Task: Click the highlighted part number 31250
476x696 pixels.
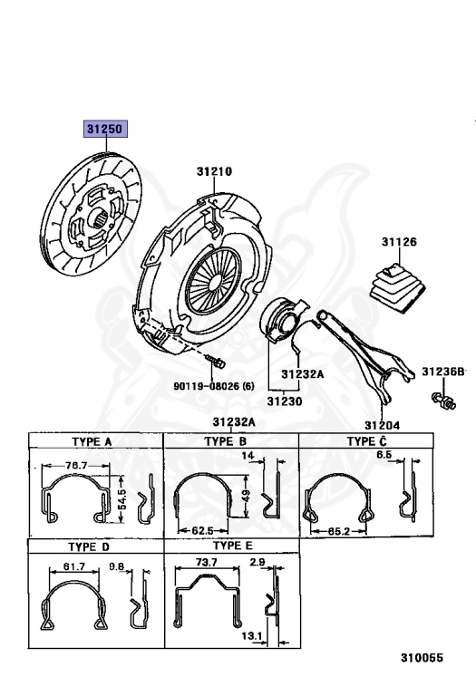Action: click(x=106, y=129)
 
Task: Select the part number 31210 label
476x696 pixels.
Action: click(x=214, y=171)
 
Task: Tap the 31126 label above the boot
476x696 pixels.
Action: click(x=399, y=242)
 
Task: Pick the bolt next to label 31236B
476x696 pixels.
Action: click(x=443, y=400)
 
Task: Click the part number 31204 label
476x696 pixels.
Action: click(x=382, y=425)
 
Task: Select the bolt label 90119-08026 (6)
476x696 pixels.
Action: click(x=214, y=386)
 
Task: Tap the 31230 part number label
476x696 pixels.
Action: click(x=284, y=401)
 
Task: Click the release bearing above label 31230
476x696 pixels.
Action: click(x=281, y=321)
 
